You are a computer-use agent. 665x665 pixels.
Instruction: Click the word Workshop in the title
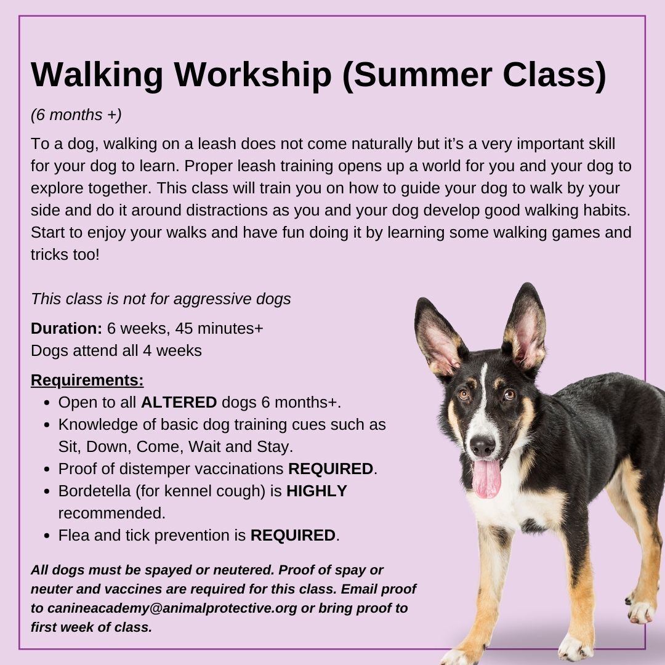coord(253,75)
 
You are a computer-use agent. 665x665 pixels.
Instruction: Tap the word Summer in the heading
coord(422,75)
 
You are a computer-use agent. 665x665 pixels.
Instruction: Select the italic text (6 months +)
coord(76,115)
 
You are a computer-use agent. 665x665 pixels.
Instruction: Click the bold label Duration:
coord(66,328)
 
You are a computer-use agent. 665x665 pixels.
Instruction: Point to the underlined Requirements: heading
coord(87,381)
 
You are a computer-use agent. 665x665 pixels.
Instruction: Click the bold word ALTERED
coord(179,403)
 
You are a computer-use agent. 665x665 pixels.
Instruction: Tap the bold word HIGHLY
coord(317,491)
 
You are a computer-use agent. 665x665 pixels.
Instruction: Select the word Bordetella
coord(95,491)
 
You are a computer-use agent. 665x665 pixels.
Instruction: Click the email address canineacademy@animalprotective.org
coord(172,608)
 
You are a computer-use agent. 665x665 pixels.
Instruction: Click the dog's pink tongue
coord(486,478)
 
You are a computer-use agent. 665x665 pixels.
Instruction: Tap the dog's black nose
coord(483,446)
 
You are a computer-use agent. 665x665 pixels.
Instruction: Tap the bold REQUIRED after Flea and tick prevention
coord(293,535)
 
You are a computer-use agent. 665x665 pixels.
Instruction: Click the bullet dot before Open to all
coord(47,403)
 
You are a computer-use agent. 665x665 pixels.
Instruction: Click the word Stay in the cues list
coord(272,447)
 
